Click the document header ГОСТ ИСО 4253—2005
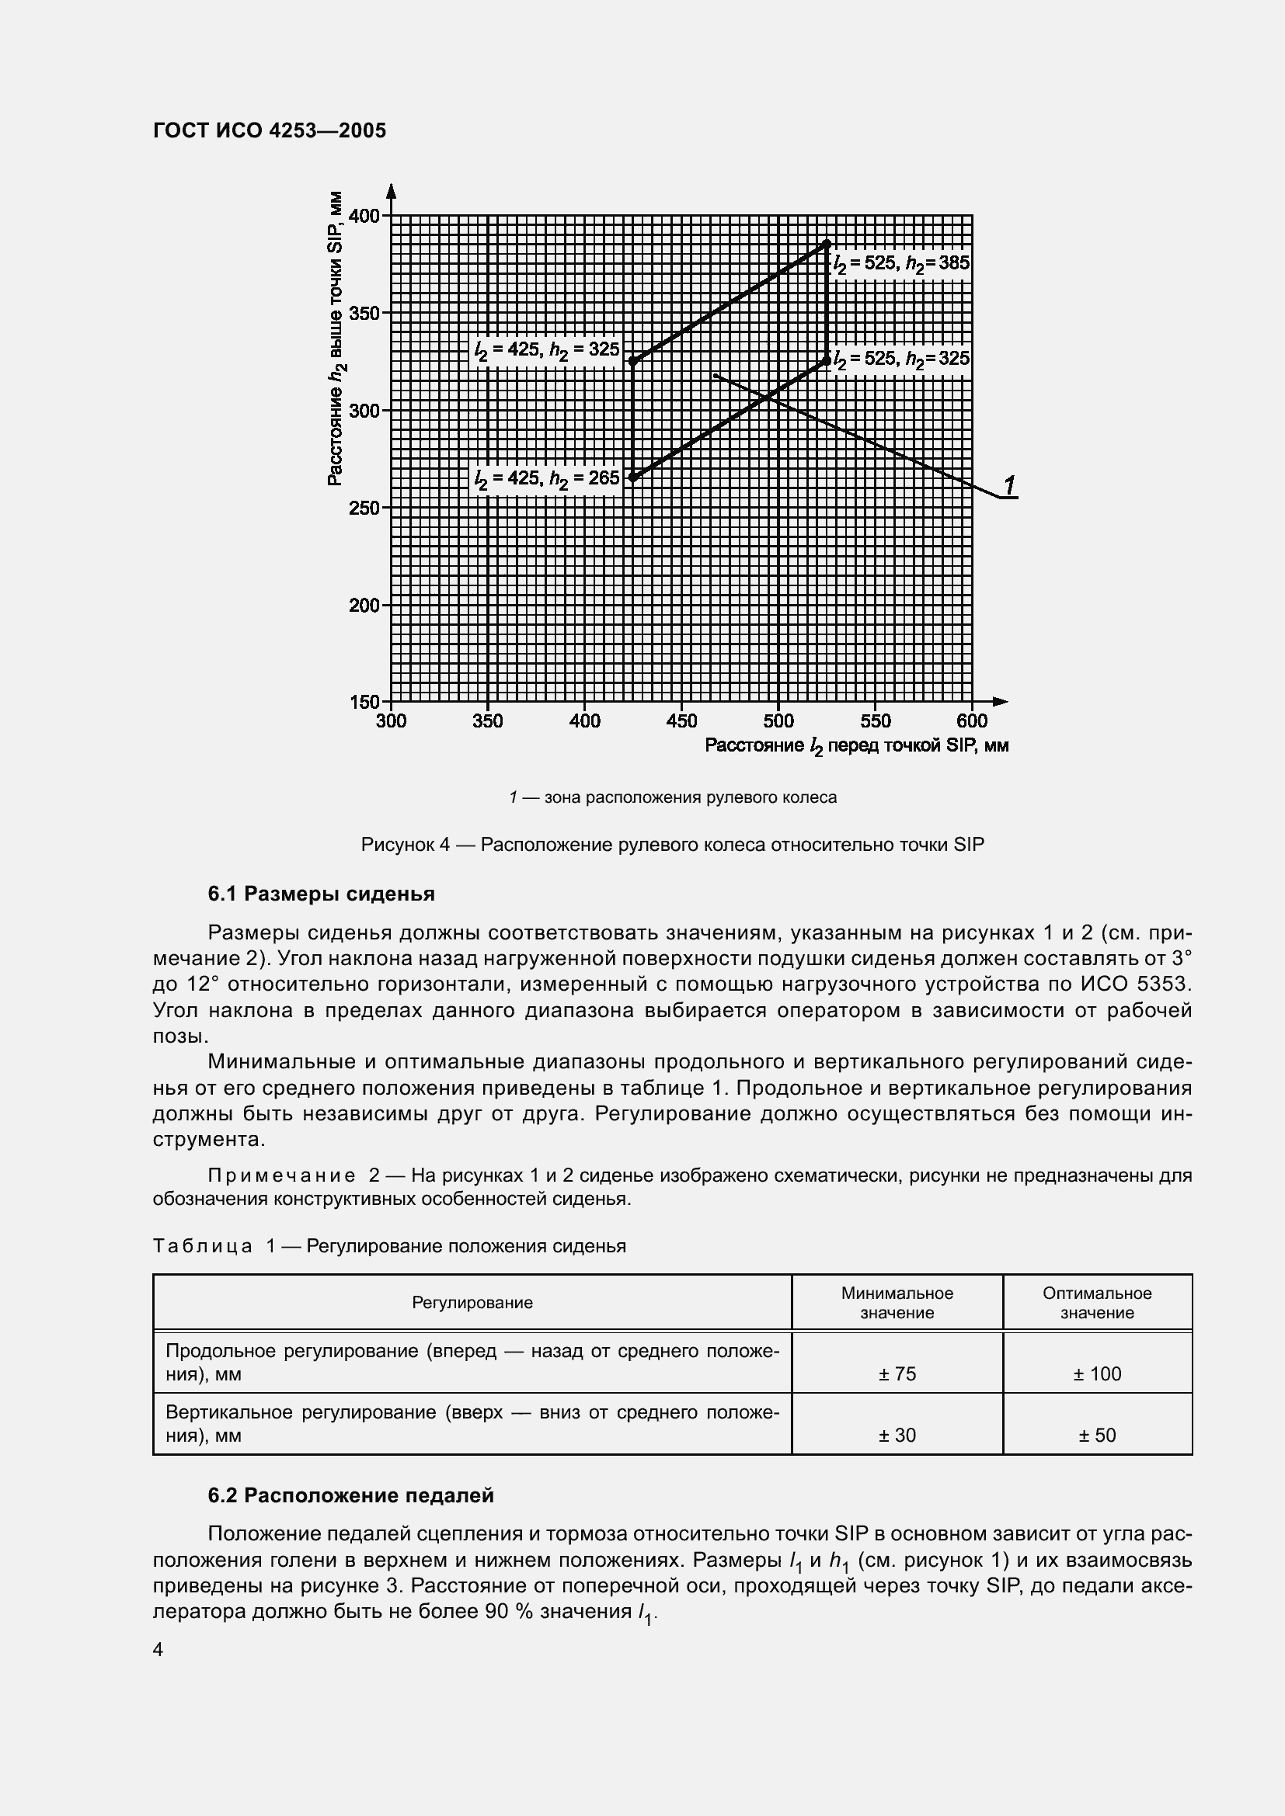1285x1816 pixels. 269,130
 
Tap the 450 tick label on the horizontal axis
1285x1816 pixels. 681,720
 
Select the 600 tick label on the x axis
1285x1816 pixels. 972,720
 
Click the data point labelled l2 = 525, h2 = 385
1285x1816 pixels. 827,243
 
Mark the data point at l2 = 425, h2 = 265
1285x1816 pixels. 633,477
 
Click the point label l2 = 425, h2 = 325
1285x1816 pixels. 547,349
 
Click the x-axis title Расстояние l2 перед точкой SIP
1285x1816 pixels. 856,746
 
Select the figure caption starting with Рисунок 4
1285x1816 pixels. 672,845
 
